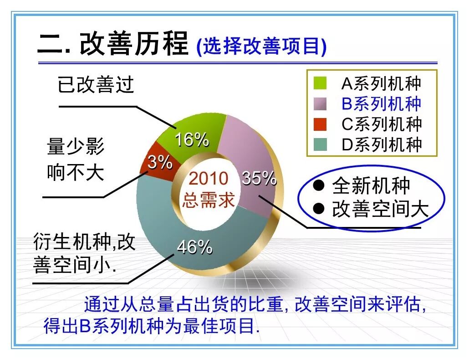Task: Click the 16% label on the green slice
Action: [x=192, y=139]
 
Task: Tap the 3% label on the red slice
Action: [x=160, y=163]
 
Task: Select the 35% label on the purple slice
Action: [x=259, y=178]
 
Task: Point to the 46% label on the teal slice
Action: [x=194, y=247]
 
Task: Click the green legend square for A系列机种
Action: [x=320, y=83]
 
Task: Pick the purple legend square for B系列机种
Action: [x=320, y=103]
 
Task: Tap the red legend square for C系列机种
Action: [x=320, y=124]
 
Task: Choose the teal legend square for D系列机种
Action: [x=320, y=144]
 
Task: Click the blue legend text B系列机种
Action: [x=382, y=103]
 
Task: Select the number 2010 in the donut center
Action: [x=209, y=178]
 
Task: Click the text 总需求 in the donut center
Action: [x=209, y=200]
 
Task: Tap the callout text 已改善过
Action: [x=96, y=84]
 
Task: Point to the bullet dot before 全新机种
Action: [x=319, y=185]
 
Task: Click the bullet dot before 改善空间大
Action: [x=319, y=208]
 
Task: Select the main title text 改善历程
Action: [x=134, y=44]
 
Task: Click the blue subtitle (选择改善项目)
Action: [x=261, y=46]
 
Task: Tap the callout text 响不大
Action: [x=76, y=172]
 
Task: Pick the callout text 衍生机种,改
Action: [x=84, y=242]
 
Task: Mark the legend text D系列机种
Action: [x=382, y=144]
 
